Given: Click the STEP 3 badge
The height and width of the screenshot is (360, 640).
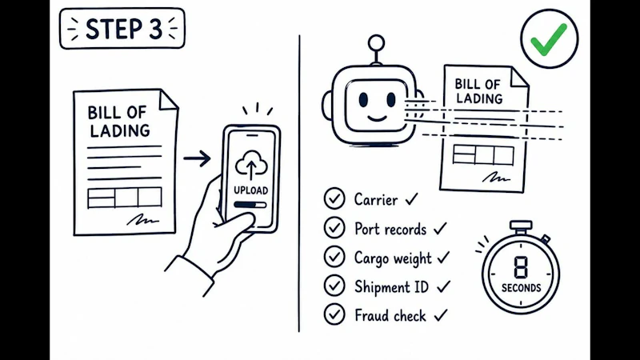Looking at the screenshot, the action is pos(122,29).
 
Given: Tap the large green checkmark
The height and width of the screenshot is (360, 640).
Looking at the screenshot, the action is pos(548,38).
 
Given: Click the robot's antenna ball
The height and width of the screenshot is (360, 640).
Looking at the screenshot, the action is pos(376,43).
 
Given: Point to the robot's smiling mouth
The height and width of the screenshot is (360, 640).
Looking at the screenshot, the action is pos(376,118).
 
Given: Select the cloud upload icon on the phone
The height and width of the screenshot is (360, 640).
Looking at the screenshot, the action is pos(251,166).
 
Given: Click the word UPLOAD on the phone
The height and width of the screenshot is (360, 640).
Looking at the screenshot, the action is pos(250,190).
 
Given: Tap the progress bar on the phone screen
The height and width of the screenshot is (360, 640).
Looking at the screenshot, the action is pos(250,205).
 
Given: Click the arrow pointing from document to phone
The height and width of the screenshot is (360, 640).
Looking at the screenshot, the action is pos(197,158).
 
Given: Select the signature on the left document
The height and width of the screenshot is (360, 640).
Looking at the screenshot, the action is pos(142,220).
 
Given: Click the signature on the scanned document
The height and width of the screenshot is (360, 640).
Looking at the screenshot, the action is pos(496,178).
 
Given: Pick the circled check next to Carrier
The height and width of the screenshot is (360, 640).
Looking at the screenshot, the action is pos(334,198).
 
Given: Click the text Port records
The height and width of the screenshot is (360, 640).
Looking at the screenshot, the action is pos(390,229).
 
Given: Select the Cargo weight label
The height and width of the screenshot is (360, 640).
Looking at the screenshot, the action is pos(393,258).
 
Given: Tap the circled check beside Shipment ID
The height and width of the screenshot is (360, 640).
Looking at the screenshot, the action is pos(334,286).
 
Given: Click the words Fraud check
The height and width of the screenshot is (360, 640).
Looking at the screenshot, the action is pos(390,315).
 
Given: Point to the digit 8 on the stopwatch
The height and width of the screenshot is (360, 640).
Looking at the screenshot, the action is pos(521,268).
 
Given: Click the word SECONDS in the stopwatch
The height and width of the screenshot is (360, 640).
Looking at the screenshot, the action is pos(522,288).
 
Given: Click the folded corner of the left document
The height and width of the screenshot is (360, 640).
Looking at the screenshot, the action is pos(168,99).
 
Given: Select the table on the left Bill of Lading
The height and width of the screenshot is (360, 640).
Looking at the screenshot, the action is pos(125,198).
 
